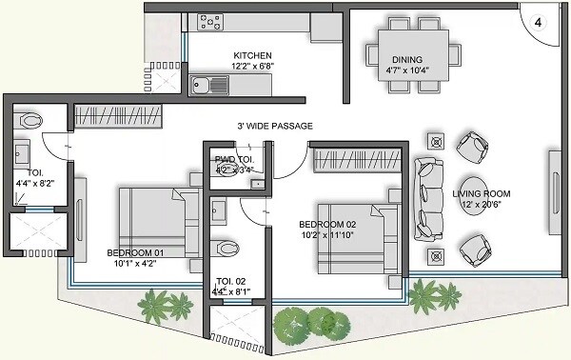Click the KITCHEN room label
tap(252, 55)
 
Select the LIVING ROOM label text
tap(481, 194)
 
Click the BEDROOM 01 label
tap(135, 252)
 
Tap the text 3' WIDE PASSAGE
tap(274, 126)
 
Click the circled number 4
tap(538, 22)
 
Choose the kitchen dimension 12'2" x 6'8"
tap(252, 67)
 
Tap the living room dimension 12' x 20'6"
tap(481, 206)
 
